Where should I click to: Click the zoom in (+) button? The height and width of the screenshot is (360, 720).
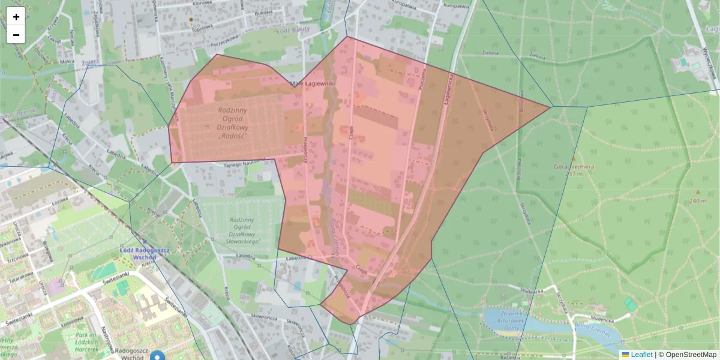point(16,17)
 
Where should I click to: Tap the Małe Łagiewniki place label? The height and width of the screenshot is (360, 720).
point(311,84)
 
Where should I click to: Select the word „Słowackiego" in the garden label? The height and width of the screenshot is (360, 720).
point(244,241)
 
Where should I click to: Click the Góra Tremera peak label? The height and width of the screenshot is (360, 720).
point(574,166)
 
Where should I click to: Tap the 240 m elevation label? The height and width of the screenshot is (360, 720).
point(697,201)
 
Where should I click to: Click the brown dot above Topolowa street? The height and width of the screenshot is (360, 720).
point(191,20)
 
